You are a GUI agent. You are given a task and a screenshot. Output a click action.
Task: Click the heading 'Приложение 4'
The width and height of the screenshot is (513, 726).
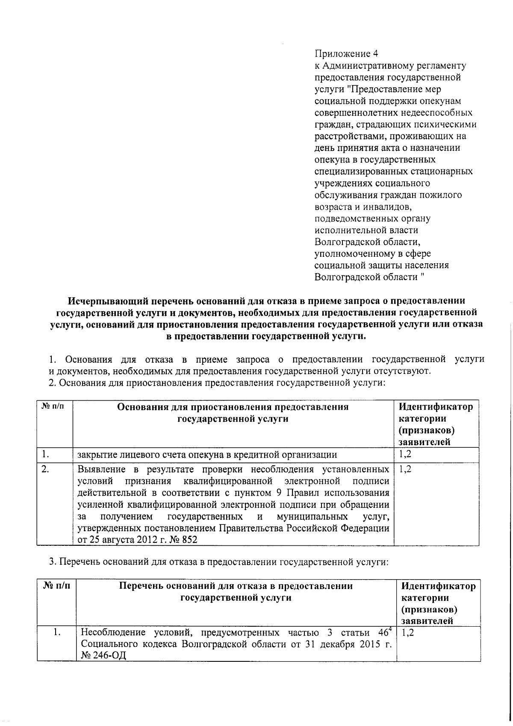coord(346,54)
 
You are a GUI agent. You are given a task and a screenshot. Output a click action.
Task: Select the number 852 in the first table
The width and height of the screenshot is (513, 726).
coord(189,540)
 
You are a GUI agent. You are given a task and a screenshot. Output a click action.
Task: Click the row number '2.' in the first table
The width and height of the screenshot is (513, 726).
coord(45,469)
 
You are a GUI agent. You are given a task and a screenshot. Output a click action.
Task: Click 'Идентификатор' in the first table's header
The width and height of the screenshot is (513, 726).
coord(436,407)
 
